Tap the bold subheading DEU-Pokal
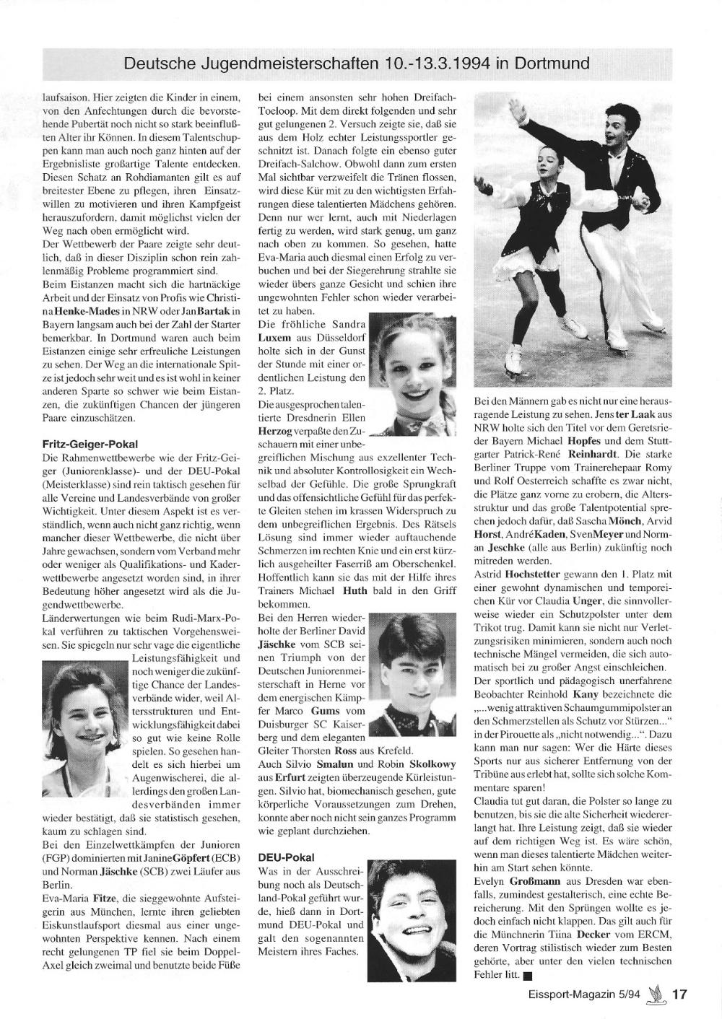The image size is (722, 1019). pyautogui.click(x=286, y=857)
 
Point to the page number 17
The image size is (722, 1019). pyautogui.click(x=679, y=994)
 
